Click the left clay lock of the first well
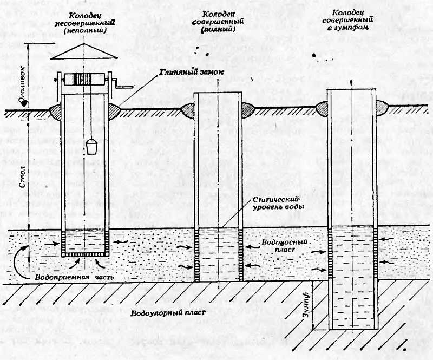click(56, 111)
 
